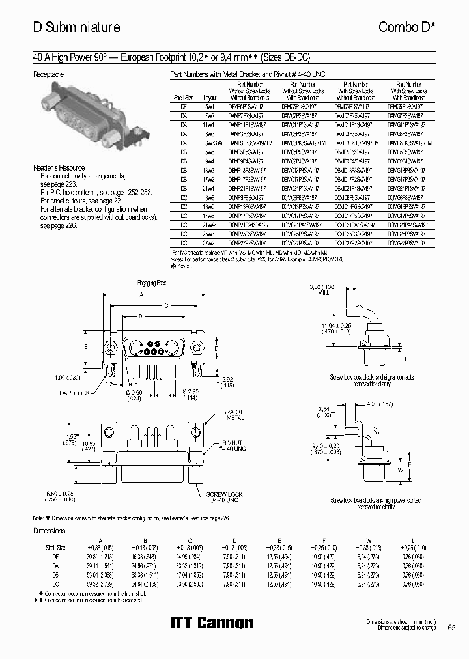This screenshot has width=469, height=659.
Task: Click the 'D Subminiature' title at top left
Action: pos(76,27)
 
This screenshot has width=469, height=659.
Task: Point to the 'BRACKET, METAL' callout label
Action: pos(233,417)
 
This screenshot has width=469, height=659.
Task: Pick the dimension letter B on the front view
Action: pos(139,316)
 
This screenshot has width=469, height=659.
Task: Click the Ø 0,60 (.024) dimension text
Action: pos(135,393)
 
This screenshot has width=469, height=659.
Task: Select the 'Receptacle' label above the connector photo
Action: pos(49,74)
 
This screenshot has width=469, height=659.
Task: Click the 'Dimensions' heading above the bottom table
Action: pos(50,531)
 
